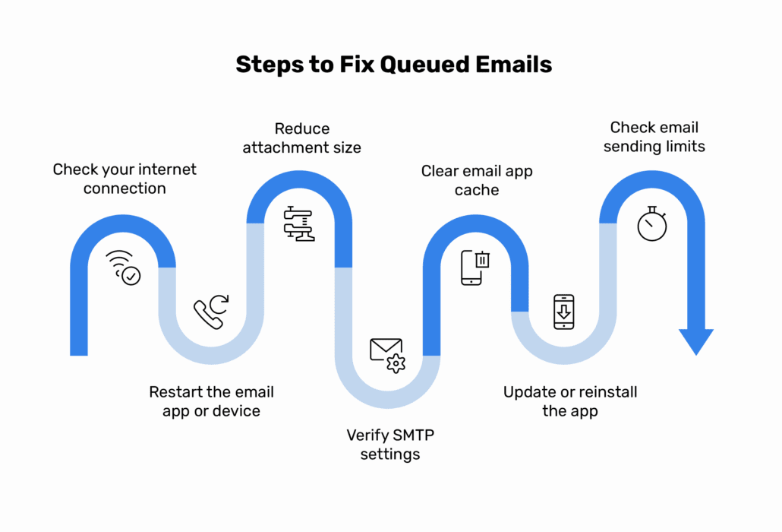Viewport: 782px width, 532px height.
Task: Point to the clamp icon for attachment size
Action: (299, 223)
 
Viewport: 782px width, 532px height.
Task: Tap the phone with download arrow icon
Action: (563, 312)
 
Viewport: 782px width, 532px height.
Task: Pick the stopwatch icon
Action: (651, 223)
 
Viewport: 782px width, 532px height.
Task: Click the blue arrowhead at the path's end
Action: (695, 341)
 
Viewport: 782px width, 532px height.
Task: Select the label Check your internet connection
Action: (125, 179)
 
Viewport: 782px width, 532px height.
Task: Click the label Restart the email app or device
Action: (211, 402)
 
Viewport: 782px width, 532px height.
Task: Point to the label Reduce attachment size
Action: (301, 138)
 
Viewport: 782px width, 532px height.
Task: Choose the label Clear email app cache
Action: (477, 180)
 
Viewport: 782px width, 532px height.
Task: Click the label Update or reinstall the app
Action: (570, 402)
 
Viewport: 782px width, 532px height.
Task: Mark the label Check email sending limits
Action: (654, 137)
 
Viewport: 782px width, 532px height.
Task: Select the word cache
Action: (477, 189)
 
